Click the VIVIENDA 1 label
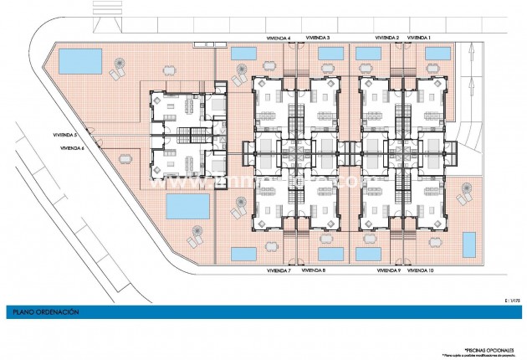tap(419, 38)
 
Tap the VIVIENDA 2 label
tap(386, 38)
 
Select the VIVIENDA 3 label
tap(318, 38)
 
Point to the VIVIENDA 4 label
tap(277, 38)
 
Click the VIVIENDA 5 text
tap(64, 135)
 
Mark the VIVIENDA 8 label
tap(313, 271)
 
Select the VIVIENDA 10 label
tap(423, 271)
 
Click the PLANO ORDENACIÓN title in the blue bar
tap(45, 311)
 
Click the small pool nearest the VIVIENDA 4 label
tap(243, 54)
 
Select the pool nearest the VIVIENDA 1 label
tap(437, 54)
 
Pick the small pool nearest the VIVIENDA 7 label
tap(243, 253)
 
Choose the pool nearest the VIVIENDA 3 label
tap(330, 54)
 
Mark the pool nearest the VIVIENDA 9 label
tap(368, 253)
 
